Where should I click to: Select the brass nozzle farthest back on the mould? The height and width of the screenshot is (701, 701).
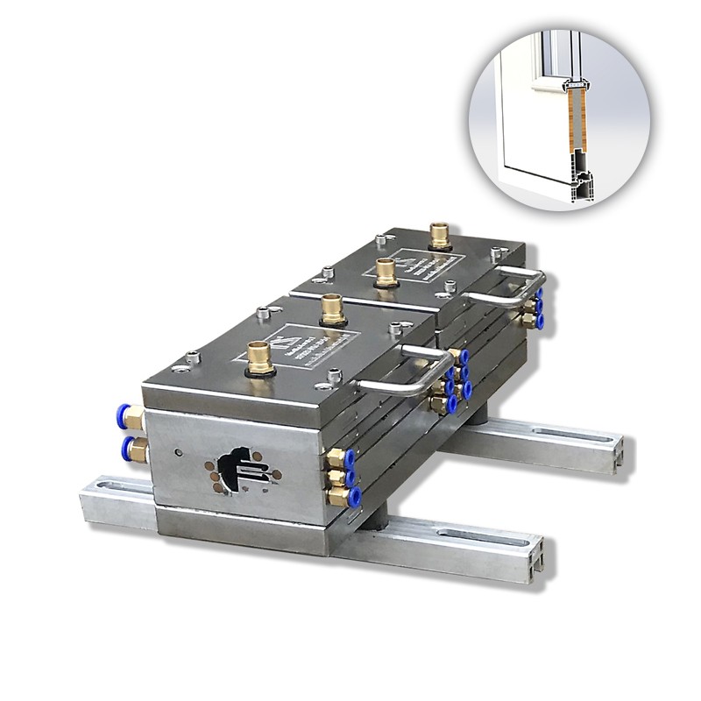click(x=438, y=236)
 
